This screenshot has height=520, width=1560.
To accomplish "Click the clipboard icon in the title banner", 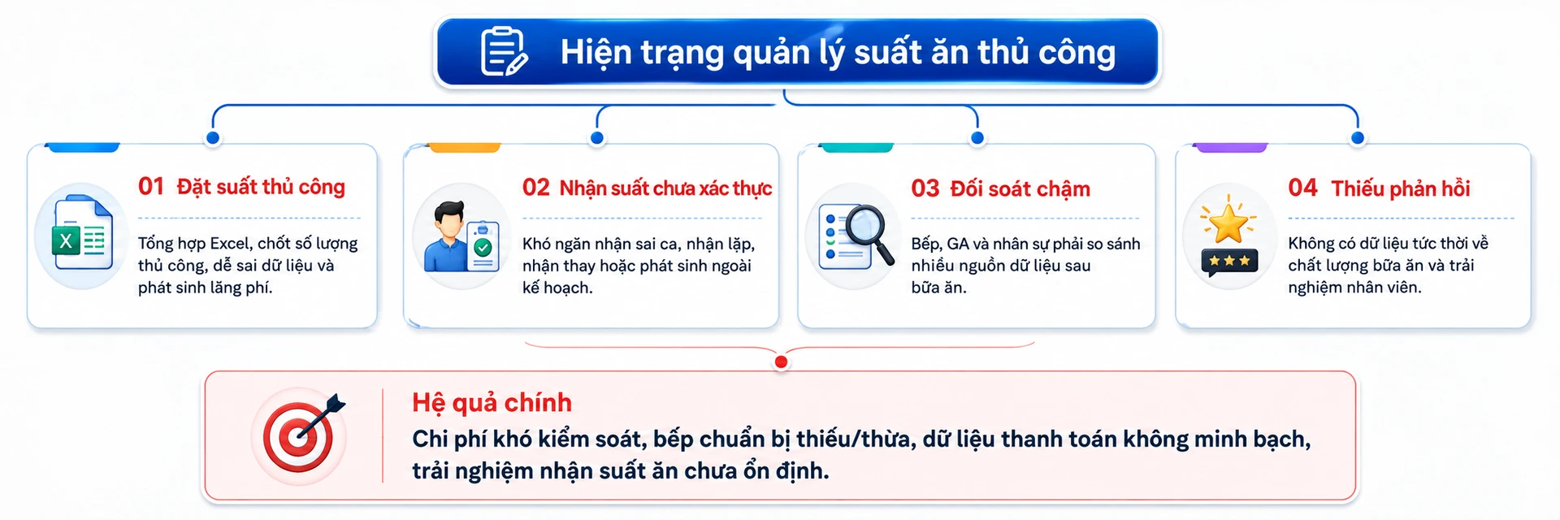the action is pos(505,51).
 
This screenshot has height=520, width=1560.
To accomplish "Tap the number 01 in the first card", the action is pos(151,186).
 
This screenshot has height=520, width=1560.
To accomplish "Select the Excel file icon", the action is pos(82,236).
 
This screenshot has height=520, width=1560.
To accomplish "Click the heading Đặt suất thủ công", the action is pos(261,187).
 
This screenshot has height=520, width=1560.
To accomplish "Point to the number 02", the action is pos(536,188).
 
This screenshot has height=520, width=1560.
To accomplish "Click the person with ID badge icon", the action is pos(461,236).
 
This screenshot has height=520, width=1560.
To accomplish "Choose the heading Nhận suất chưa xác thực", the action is pos(665,188).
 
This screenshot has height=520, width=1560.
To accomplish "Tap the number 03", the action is pos(925,188).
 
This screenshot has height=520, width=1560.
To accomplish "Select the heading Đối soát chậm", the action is pos(1020,189).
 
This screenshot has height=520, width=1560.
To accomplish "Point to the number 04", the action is pos(1302,188).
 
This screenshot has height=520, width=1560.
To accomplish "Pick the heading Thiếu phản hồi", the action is pos(1401,188).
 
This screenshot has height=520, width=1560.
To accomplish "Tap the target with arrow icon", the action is pos(301,435).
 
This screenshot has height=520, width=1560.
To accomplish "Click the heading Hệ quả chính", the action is pos(492,402).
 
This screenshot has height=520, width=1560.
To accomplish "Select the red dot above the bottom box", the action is pos(781,362).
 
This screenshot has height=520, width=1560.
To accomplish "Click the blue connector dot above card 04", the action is pos(1357,138).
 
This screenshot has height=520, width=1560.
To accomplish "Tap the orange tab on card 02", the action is pos(464,147).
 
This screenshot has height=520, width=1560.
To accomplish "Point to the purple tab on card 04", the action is pos(1231,147).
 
